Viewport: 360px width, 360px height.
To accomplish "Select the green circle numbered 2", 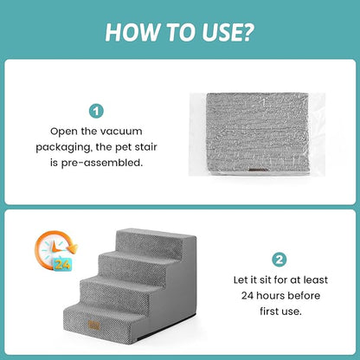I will click(280, 259).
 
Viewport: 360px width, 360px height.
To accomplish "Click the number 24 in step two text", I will click(251, 296).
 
